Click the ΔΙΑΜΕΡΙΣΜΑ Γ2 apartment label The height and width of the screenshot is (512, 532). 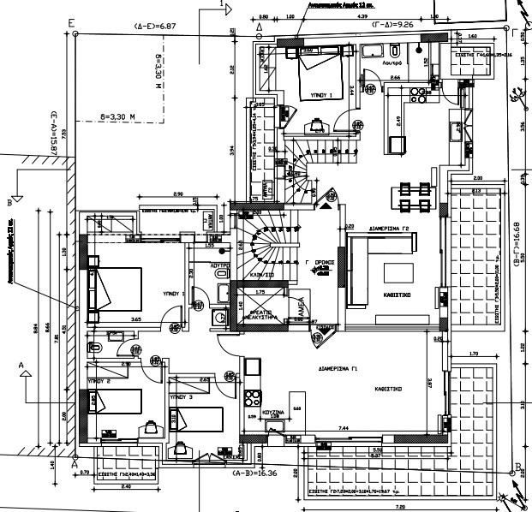(392, 229)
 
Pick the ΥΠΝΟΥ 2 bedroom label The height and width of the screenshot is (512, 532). (100, 378)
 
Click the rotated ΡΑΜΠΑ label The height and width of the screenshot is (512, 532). (302, 307)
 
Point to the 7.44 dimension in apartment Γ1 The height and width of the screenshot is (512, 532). (344, 427)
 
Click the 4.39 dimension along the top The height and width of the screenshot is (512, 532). (362, 15)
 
